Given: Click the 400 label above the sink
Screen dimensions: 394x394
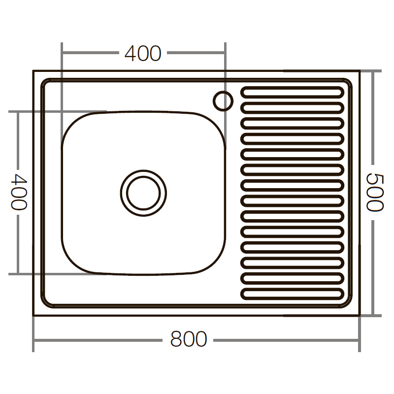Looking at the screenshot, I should pyautogui.click(x=143, y=53).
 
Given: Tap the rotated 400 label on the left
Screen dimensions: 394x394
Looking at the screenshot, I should pyautogui.click(x=18, y=192).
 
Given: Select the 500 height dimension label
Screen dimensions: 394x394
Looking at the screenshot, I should pyautogui.click(x=375, y=192).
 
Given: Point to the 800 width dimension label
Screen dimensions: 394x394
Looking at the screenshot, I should pyautogui.click(x=189, y=339).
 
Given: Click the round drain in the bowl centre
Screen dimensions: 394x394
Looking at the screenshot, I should pyautogui.click(x=144, y=193).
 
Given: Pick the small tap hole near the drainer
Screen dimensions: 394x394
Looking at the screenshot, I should pyautogui.click(x=223, y=100).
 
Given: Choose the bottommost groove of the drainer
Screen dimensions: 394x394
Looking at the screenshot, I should pyautogui.click(x=293, y=294).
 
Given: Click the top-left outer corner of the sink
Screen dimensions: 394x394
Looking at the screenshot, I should pyautogui.click(x=33, y=71).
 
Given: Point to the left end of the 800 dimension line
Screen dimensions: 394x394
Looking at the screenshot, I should pyautogui.click(x=33, y=340).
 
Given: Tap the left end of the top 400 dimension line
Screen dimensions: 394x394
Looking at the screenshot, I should pyautogui.click(x=62, y=51).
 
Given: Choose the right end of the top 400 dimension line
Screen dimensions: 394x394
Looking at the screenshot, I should pyautogui.click(x=225, y=51).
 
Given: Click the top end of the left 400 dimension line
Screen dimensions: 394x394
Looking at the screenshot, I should pyautogui.click(x=18, y=111).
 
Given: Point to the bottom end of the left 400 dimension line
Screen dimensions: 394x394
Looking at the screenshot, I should pyautogui.click(x=18, y=273).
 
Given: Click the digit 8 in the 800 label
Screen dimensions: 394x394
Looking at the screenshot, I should pyautogui.click(x=176, y=339).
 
